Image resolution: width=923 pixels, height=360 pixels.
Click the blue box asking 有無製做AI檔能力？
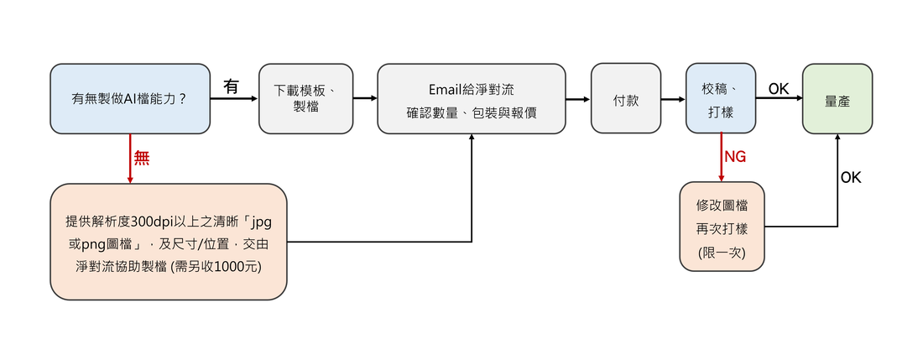(130, 99)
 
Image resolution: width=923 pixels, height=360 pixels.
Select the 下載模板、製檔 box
(303, 99)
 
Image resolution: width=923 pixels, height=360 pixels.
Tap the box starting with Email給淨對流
(471, 99)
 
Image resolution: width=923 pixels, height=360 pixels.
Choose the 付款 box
(626, 99)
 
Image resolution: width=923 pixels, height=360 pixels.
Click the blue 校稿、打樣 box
(720, 99)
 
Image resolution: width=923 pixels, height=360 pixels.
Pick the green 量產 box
(837, 99)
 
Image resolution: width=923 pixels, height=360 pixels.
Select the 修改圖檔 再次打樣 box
(722, 227)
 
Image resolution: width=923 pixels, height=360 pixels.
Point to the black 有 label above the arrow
(232, 86)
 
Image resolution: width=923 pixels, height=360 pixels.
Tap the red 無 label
(142, 158)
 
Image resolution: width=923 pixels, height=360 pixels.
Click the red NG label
(735, 157)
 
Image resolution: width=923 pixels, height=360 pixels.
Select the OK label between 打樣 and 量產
(779, 88)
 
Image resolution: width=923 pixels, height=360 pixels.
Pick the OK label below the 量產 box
(851, 177)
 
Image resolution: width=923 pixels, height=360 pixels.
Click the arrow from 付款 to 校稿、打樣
(673, 99)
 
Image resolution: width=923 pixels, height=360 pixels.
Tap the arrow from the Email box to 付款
(577, 99)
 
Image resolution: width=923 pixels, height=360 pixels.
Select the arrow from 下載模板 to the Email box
(365, 99)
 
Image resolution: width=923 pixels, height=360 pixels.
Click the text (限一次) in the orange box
(722, 253)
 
